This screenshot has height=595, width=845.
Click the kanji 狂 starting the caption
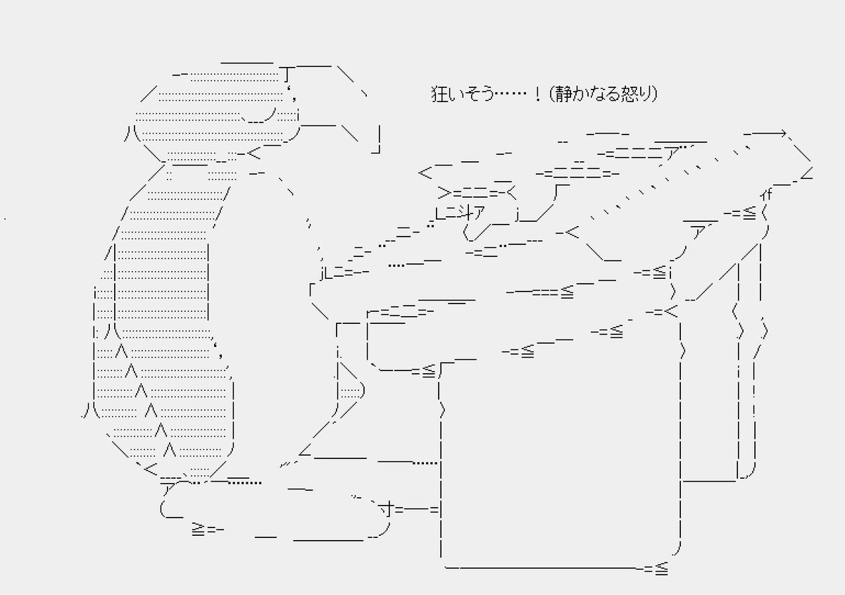438,94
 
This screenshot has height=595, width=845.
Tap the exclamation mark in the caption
539,94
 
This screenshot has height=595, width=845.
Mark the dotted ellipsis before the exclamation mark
508,95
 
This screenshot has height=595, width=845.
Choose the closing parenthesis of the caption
655,94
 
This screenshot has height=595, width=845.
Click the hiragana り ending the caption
644,94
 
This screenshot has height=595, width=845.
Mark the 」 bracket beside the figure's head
378,139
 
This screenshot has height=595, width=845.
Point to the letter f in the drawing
770,191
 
